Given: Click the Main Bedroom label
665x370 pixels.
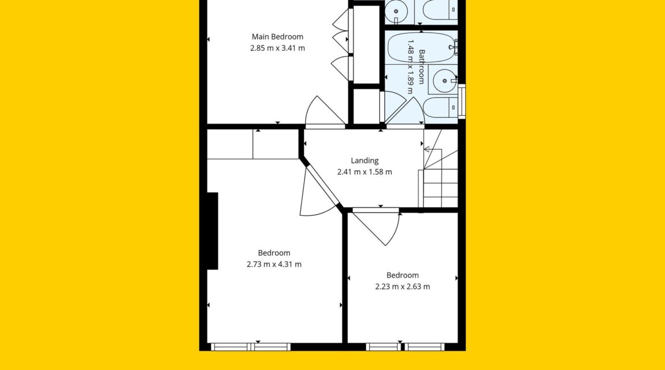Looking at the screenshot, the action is tap(277, 36).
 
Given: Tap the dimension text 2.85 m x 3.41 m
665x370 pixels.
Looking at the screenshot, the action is tap(277, 48).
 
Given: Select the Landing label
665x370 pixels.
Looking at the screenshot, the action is tap(365, 161).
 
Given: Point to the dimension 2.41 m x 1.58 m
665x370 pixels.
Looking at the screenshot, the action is tap(365, 172).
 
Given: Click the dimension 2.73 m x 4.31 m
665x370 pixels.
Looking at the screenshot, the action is tap(274, 264).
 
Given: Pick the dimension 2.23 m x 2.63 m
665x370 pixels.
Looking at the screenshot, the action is tap(402, 287).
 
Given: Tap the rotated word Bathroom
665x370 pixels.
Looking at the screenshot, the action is tap(422, 67).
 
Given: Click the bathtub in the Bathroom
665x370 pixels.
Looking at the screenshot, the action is tap(422, 48).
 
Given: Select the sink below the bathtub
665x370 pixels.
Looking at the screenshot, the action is tap(443, 80).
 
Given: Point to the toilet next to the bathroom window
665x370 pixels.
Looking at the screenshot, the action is tap(440, 108).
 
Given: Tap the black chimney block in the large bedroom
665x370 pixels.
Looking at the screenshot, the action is tap(213, 231).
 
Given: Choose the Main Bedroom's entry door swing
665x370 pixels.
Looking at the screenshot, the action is tap(326, 112).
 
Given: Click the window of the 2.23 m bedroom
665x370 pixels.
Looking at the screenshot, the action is tap(405, 347).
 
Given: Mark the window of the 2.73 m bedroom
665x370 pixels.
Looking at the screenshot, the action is tap(251, 347).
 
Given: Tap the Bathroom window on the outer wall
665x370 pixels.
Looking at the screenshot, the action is tap(462, 101).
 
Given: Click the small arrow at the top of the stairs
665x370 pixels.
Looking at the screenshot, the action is tap(427, 149).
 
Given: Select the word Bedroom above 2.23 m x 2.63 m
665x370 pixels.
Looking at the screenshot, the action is tap(402, 276).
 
